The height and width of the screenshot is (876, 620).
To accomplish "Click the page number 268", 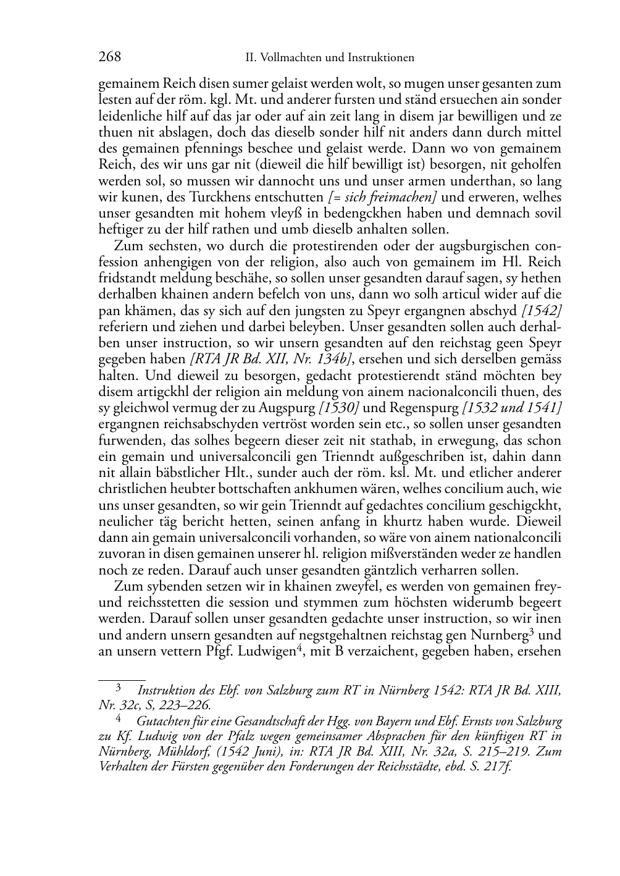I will coord(109,57).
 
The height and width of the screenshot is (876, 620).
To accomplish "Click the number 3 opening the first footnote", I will coord(118,687).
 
